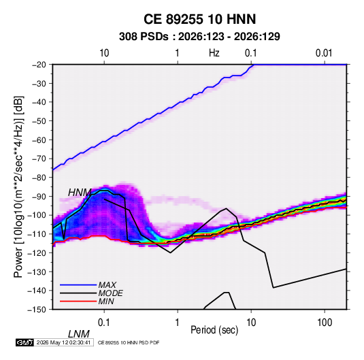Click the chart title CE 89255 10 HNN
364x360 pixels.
tap(199, 19)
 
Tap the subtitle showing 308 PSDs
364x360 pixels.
tap(199, 37)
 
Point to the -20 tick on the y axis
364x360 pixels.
tap(39, 65)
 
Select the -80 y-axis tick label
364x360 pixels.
tap(39, 178)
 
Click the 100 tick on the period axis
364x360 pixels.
tap(325, 323)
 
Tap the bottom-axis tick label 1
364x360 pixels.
tap(178, 323)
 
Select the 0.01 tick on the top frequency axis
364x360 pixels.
tap(324, 53)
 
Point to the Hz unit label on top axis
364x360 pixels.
tap(214, 53)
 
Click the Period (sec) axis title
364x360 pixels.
tap(214, 330)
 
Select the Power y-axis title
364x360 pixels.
tap(18, 186)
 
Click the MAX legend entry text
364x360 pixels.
tap(107, 284)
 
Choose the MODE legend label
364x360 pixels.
tap(110, 293)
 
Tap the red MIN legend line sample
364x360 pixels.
tap(78, 301)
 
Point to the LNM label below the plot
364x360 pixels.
tap(79, 334)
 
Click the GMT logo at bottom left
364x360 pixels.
tap(25, 342)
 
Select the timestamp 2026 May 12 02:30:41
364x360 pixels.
tap(63, 342)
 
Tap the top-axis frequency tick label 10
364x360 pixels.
tap(104, 53)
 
